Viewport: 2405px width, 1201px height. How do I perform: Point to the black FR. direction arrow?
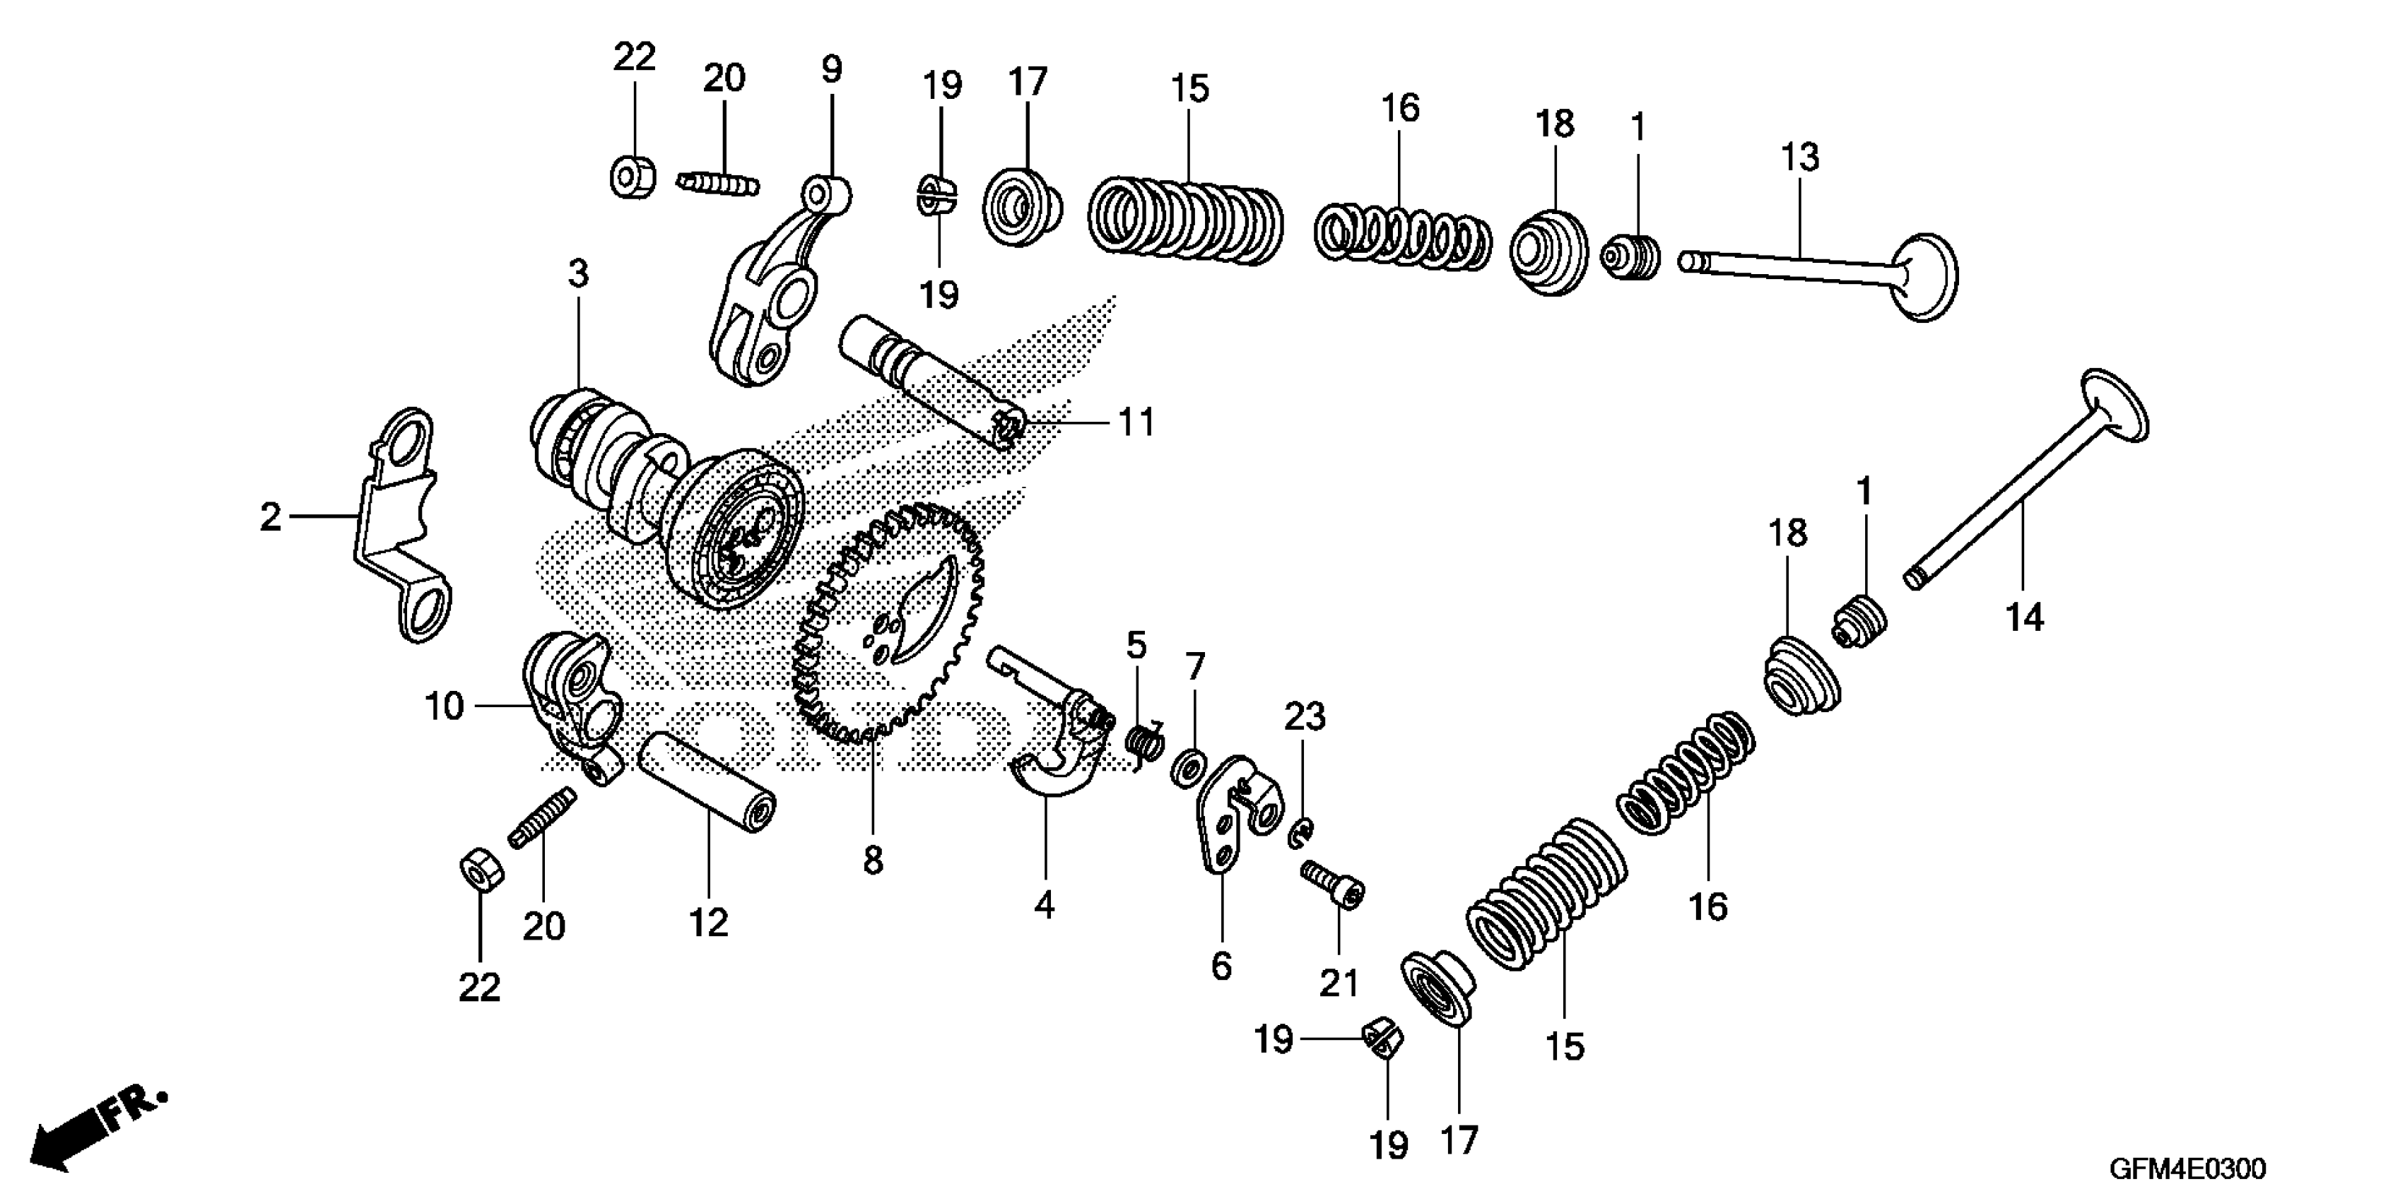93,1130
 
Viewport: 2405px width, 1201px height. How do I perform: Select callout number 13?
1799,157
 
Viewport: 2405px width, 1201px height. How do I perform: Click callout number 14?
2024,617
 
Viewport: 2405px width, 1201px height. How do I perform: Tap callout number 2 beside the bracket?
270,516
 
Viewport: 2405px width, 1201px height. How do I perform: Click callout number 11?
1136,422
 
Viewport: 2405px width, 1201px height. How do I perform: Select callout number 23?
1304,716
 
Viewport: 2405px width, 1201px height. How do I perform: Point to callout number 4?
1044,904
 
